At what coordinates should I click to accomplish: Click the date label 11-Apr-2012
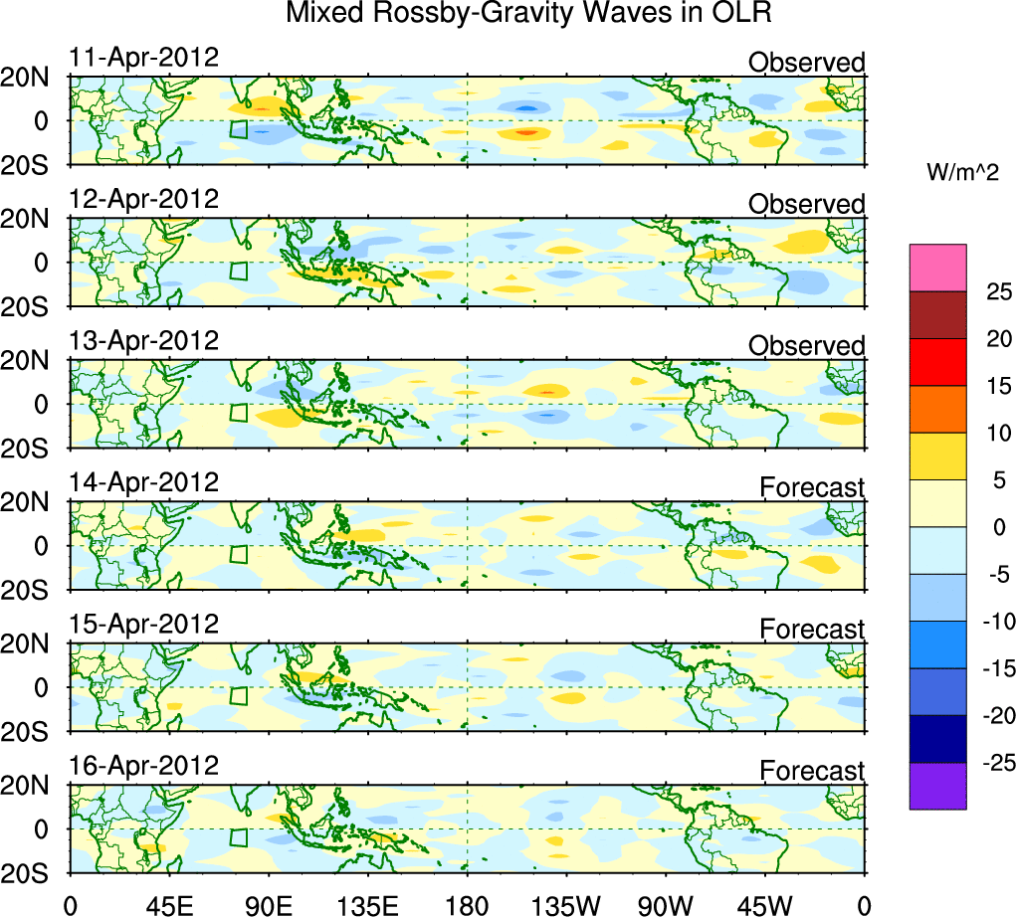pos(143,57)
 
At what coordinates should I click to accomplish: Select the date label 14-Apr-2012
pos(143,482)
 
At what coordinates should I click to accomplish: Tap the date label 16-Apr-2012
pos(143,766)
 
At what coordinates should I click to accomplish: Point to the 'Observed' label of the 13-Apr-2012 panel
pos(806,345)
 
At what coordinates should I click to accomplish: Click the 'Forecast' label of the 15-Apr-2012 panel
pos(812,629)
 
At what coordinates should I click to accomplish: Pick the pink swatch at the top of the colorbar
pos(937,268)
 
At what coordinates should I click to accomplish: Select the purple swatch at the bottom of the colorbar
pos(937,786)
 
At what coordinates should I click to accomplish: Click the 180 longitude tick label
pos(468,903)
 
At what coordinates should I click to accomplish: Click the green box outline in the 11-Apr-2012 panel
pos(238,129)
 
